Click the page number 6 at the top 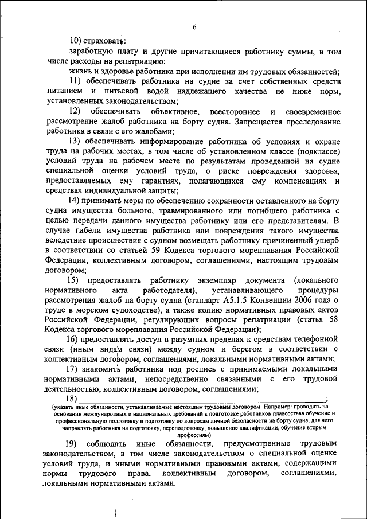194,28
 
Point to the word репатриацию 139,61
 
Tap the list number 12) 75,110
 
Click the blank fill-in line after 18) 201,399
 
